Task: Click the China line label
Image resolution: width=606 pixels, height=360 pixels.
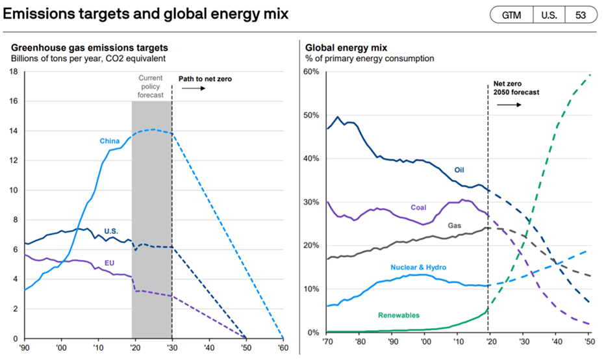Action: pos(109,141)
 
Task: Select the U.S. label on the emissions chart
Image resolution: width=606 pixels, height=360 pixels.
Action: pos(111,231)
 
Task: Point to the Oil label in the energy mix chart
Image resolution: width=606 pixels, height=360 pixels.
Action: pos(459,170)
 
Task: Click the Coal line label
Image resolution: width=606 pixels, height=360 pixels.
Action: pos(419,208)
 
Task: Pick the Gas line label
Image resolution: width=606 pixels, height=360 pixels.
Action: pos(453,225)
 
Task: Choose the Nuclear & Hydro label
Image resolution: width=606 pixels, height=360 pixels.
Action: pos(419,268)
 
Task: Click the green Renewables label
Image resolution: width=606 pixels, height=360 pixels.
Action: pos(399,315)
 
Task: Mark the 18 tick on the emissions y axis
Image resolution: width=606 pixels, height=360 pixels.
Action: pos(13,71)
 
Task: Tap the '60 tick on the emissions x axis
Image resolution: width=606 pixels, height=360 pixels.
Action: pos(283,347)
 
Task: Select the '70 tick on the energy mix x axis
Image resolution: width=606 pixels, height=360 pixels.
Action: pos(329,342)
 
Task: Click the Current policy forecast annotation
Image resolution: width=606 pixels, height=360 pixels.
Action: pos(151,86)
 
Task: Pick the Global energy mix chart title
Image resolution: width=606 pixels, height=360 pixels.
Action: pos(347,47)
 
